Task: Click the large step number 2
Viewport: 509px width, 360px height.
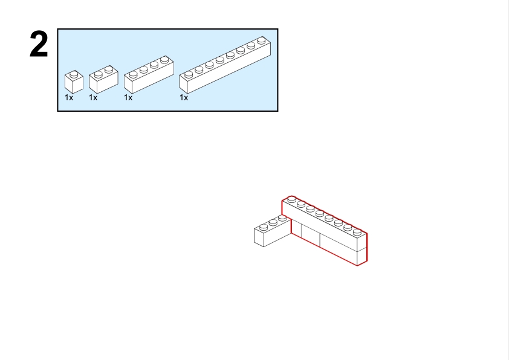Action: tap(39, 44)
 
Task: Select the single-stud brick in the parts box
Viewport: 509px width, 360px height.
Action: tap(74, 82)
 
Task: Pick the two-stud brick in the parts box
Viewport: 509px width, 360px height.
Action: tap(103, 80)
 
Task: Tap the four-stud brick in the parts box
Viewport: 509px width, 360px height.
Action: tap(149, 74)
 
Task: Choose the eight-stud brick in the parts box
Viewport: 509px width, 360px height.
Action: tap(225, 65)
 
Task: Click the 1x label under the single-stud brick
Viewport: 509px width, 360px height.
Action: tap(69, 98)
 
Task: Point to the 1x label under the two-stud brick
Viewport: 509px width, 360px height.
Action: tap(93, 98)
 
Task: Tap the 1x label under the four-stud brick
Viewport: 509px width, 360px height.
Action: tap(128, 98)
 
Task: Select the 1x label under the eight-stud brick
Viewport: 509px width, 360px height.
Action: tap(184, 98)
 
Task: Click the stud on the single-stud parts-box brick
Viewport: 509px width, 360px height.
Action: tap(74, 74)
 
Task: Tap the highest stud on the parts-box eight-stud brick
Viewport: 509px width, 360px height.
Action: tap(261, 40)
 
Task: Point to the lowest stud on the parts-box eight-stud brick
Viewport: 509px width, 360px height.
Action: tap(189, 75)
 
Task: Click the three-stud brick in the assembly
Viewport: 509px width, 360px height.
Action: tap(273, 231)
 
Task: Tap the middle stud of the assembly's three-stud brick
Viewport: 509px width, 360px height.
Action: tap(273, 222)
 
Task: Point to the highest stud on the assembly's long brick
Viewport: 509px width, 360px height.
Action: tap(291, 199)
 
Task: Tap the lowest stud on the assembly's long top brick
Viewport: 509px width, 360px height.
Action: tap(357, 232)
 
